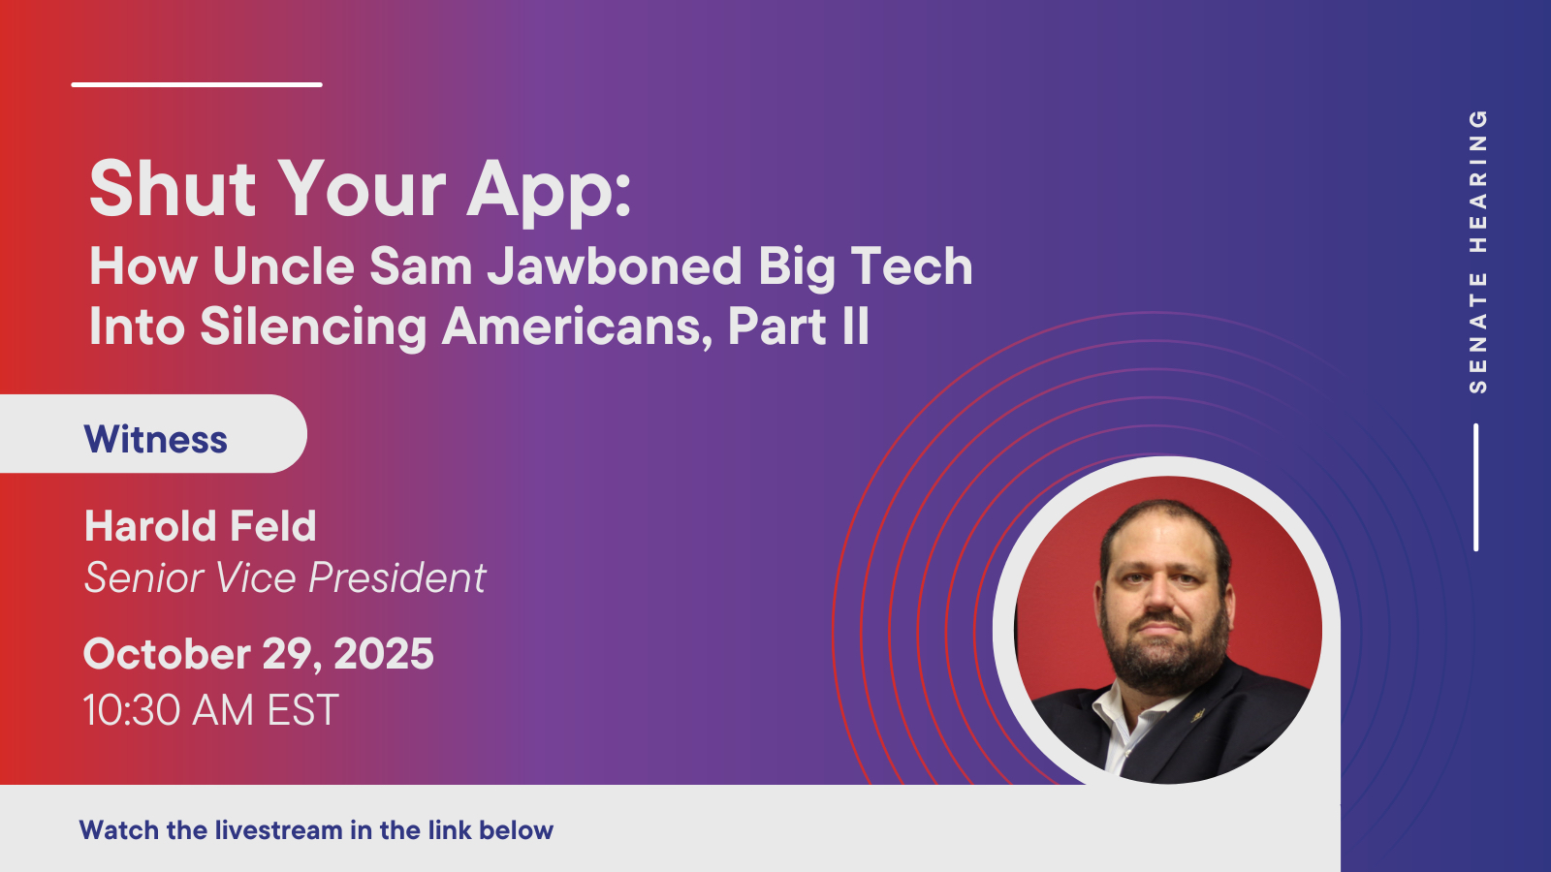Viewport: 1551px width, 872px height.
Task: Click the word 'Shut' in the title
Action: (173, 188)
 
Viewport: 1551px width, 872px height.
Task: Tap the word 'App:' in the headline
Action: (549, 193)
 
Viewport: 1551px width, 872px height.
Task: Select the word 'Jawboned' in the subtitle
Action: (615, 266)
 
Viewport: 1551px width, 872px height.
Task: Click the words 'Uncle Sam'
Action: (343, 266)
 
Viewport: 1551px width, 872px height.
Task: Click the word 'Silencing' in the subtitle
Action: (314, 328)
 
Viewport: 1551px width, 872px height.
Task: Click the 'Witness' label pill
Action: (153, 434)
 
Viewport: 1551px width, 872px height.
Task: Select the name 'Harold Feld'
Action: (200, 526)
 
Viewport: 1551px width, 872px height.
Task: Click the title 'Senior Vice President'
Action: (285, 577)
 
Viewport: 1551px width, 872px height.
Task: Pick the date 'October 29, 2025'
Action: (258, 655)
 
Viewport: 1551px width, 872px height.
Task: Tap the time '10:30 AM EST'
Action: (211, 710)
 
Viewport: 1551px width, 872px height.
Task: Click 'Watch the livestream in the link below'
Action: (316, 829)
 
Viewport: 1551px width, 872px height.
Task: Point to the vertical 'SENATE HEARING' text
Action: (1477, 252)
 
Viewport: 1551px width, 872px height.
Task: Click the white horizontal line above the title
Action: (197, 84)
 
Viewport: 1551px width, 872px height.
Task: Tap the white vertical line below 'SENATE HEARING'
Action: (1476, 487)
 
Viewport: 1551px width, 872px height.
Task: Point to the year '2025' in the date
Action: (384, 654)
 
